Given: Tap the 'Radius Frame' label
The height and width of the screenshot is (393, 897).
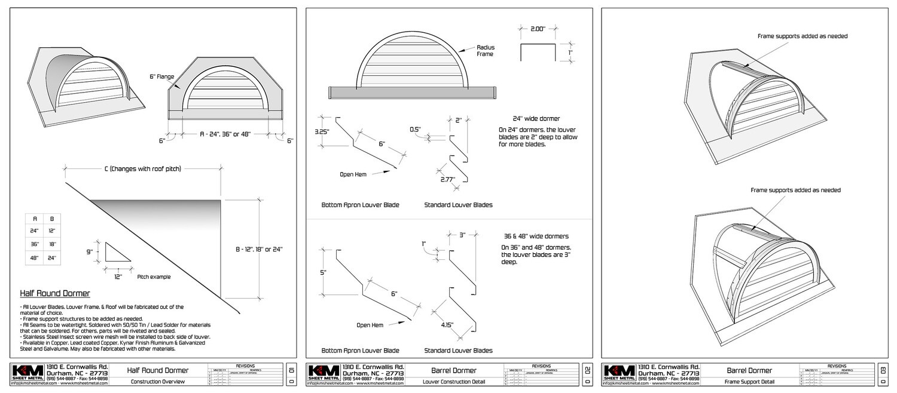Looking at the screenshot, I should click(486, 50).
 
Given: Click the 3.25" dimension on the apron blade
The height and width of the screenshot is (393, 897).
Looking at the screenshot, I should click(321, 131).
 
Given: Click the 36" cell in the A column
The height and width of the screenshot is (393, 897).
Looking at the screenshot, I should click(35, 244).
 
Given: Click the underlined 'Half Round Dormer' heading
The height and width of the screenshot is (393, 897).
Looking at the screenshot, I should click(55, 294).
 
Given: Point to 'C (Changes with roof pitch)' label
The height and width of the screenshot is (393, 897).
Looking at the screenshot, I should click(142, 169).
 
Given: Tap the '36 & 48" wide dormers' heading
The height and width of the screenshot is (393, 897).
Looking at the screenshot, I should click(536, 236).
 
